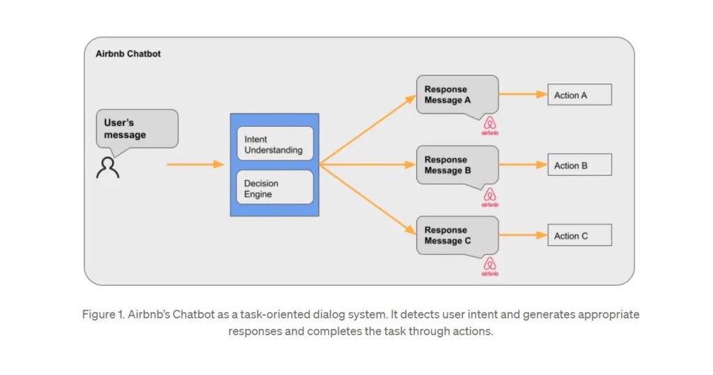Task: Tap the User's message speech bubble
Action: pos(136,129)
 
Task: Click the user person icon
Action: pos(108,167)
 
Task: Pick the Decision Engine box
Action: pos(274,187)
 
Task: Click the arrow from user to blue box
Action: pos(195,164)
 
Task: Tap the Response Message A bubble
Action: pos(457,95)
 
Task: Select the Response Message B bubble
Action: pos(457,165)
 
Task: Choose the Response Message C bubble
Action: pos(457,236)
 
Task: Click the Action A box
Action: pos(579,95)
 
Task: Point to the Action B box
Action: pos(579,165)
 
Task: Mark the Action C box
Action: pos(579,236)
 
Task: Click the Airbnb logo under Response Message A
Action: pos(489,125)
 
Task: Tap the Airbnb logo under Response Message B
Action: pos(489,197)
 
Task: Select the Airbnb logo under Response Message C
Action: pos(489,266)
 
